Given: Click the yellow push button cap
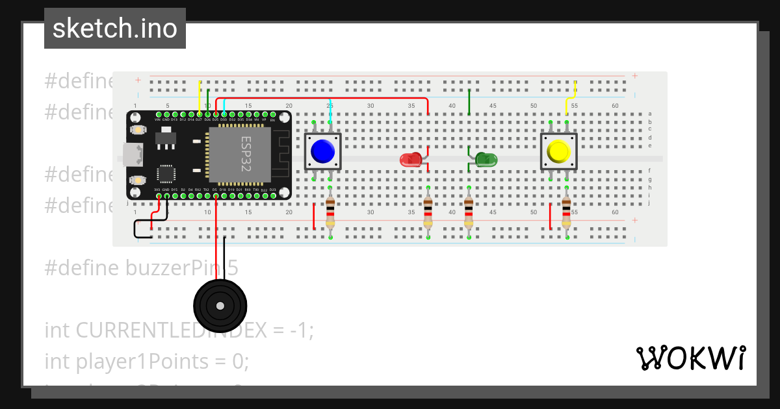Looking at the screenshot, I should pos(559,151).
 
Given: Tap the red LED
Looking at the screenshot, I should pos(411,160).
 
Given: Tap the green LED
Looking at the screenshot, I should pos(486,159).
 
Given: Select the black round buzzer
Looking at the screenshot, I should pos(220,306).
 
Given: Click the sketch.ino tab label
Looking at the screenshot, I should pos(115,29).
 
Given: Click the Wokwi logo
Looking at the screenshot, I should pos(690,358).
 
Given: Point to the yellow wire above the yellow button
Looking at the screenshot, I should pos(572,97).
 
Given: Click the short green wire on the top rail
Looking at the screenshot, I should pos(469,101).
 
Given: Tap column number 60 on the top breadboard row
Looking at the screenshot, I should pos(615,106).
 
